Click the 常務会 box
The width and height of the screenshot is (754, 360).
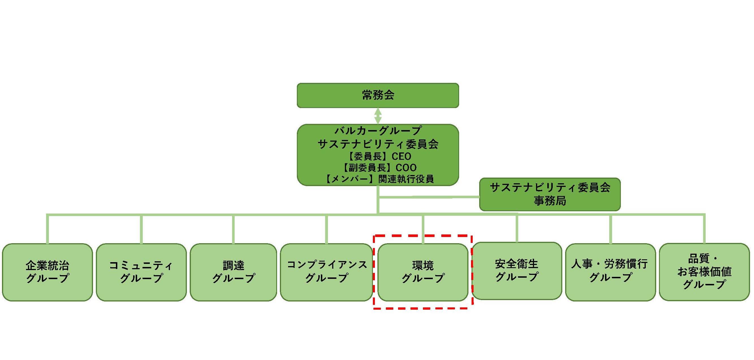[x=378, y=95]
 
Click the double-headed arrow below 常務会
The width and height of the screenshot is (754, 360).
[x=378, y=116]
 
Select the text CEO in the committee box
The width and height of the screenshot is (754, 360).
[x=401, y=157]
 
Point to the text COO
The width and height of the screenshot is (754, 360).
[x=406, y=168]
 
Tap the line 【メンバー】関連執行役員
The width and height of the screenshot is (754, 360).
[x=379, y=179]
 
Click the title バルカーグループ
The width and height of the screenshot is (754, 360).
[x=378, y=131]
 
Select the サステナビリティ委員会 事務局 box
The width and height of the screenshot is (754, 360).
[x=550, y=194]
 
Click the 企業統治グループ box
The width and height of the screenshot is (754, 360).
[x=47, y=272]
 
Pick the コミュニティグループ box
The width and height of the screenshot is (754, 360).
[x=141, y=272]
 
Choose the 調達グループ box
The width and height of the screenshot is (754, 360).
[x=233, y=272]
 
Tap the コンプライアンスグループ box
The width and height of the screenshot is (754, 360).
[x=326, y=272]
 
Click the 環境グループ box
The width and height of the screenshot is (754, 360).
[x=423, y=272]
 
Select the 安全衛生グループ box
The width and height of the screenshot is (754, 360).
[x=517, y=271]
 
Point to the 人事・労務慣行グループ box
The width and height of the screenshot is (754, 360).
[x=610, y=272]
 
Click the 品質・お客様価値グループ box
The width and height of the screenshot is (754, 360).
[x=704, y=272]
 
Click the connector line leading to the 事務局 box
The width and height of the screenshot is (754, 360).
[x=429, y=197]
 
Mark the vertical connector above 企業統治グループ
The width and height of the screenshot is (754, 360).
[x=47, y=229]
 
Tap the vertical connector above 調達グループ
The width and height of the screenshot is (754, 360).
[x=233, y=229]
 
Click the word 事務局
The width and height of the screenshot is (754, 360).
[x=550, y=201]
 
